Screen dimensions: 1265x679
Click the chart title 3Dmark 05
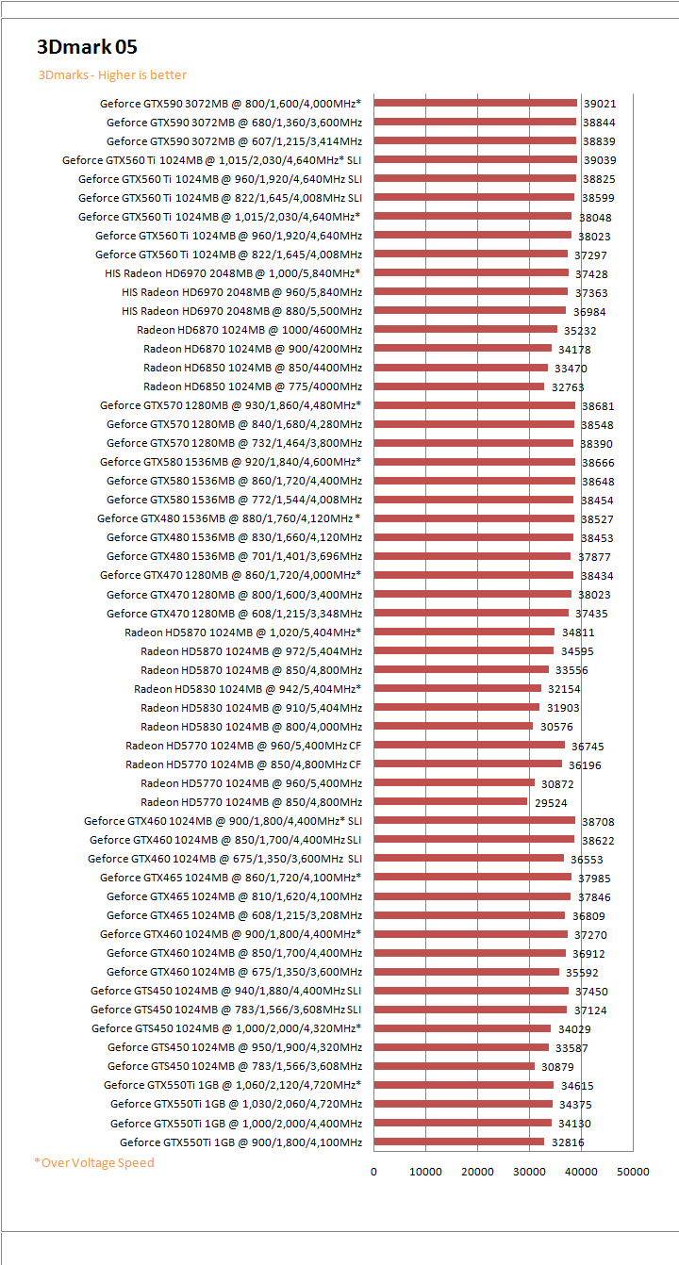pyautogui.click(x=88, y=47)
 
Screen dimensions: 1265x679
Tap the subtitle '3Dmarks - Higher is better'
pyautogui.click(x=112, y=75)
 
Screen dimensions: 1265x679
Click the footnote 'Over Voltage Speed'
pyautogui.click(x=94, y=1162)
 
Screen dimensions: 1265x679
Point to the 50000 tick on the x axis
pyautogui.click(x=633, y=1172)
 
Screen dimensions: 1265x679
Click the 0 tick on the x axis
pyautogui.click(x=373, y=1172)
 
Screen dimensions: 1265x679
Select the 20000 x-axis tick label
pyautogui.click(x=477, y=1172)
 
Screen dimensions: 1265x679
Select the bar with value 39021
pyautogui.click(x=475, y=103)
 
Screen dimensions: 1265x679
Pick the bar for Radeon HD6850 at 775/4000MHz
pyautogui.click(x=459, y=386)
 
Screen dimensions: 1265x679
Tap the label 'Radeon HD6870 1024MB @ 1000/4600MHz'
pyautogui.click(x=249, y=330)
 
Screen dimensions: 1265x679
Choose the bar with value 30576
pyautogui.click(x=454, y=726)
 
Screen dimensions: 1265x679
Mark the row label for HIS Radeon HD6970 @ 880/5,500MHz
pyautogui.click(x=241, y=311)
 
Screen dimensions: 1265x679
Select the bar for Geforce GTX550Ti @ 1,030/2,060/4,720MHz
pyautogui.click(x=463, y=1104)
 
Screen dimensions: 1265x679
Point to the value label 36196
pyautogui.click(x=585, y=765)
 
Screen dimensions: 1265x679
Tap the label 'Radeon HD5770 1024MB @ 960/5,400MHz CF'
pyautogui.click(x=243, y=745)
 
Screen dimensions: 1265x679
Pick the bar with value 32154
pyautogui.click(x=457, y=688)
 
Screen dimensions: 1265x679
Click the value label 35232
pyautogui.click(x=580, y=331)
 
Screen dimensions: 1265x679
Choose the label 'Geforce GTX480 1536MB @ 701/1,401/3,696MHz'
pyautogui.click(x=234, y=556)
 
